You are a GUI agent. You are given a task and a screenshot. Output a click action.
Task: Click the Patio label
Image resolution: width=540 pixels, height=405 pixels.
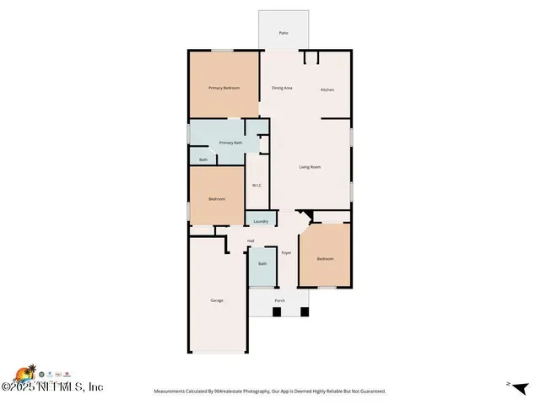pos(283,33)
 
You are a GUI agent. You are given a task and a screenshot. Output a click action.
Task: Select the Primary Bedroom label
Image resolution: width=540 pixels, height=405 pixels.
pos(224,88)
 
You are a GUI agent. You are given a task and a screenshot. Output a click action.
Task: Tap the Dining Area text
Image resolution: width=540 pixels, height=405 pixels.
pos(282,88)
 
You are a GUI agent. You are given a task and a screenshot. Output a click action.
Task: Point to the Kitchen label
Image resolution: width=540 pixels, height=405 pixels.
pos(327,89)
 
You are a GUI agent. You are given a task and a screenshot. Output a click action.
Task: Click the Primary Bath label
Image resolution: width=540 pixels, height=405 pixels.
pos(231,143)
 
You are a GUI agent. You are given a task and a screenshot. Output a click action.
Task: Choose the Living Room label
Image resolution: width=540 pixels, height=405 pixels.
pos(310,167)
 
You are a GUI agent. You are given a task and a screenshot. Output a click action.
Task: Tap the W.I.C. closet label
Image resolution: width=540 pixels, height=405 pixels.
pos(256,186)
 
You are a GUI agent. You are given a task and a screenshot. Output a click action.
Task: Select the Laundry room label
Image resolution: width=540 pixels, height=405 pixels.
pos(261,221)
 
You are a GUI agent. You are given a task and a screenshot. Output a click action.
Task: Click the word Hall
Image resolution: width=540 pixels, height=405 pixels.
pos(251,241)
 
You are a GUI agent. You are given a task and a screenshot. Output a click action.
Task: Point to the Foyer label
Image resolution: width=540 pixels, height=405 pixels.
pos(286,252)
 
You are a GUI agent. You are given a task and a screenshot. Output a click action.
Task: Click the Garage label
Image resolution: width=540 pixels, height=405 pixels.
pos(217,300)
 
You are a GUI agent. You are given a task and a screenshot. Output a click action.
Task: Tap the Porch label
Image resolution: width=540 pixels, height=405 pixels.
pos(279,301)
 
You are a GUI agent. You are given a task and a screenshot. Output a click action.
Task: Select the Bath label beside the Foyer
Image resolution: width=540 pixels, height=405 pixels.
pos(262,263)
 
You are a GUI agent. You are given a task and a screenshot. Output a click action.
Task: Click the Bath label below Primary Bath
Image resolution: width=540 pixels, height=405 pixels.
pos(203,159)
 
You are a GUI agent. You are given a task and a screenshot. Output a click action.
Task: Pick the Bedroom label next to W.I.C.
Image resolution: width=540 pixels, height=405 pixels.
pos(217,199)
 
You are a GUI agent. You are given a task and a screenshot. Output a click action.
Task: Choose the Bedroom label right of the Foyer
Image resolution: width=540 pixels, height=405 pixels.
pos(325,258)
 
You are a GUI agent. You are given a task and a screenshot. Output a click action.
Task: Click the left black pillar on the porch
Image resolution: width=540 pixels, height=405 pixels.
pos(277,313)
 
